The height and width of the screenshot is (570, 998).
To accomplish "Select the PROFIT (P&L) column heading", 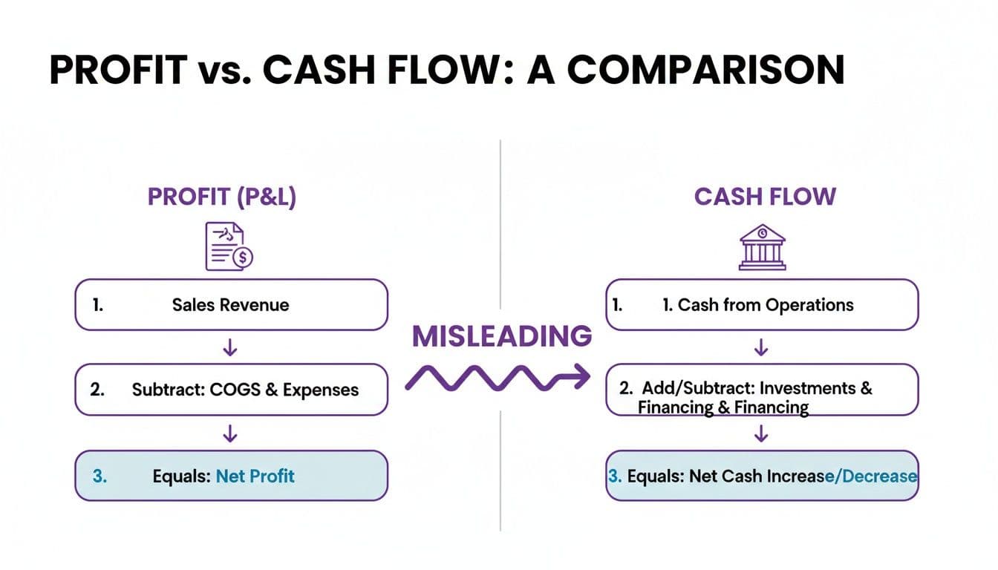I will [223, 197].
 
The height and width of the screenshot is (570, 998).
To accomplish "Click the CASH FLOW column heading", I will [765, 197].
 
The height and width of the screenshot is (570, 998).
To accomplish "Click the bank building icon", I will [761, 247].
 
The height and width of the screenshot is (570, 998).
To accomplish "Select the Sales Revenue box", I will [231, 304].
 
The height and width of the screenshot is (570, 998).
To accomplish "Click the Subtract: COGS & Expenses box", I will [231, 389].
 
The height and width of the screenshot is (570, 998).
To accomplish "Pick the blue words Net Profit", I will [255, 476].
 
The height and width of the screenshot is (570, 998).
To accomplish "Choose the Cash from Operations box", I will [762, 304].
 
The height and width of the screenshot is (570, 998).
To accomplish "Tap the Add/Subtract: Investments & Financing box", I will [762, 397].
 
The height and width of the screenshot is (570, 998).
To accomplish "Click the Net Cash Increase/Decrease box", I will [762, 476].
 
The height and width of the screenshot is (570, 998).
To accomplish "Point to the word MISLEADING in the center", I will [502, 336].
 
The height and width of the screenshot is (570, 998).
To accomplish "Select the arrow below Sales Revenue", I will [230, 347].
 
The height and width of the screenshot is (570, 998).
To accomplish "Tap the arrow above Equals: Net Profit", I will [230, 433].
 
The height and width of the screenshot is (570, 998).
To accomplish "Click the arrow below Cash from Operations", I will [760, 347].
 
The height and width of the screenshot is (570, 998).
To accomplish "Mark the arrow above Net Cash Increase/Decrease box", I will [760, 433].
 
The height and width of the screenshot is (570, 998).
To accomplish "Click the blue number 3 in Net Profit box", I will [100, 476].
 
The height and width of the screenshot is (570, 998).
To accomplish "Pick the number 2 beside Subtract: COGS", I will [97, 389].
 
